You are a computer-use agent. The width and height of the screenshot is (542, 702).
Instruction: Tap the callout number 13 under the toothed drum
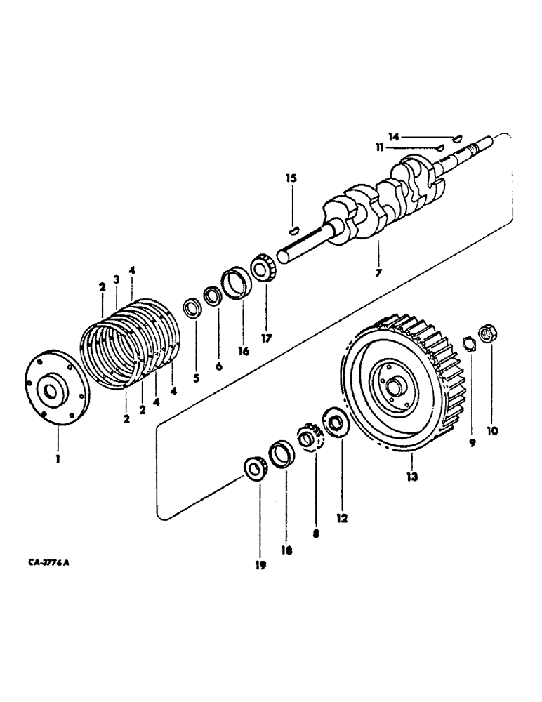click(411, 476)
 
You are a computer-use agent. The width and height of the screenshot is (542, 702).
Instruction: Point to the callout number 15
click(291, 178)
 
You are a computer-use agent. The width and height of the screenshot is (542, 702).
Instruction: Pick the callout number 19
click(260, 565)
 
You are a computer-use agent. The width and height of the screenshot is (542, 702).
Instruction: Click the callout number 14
click(394, 136)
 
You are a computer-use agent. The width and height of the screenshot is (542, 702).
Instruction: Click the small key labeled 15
click(294, 227)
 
